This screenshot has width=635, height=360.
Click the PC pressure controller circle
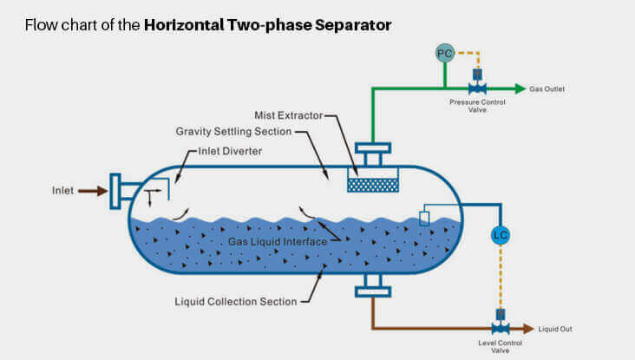[445, 54]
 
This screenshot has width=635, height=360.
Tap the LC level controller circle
[500, 235]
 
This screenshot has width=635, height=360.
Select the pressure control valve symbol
[476, 88]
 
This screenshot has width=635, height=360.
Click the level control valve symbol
[500, 328]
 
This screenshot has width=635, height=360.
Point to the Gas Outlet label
[548, 89]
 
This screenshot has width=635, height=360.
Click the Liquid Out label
[555, 329]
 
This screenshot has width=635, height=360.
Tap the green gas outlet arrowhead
[520, 88]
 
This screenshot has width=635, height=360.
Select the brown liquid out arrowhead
[529, 328]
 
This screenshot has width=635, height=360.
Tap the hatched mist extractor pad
[372, 185]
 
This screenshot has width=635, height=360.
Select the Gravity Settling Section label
[233, 132]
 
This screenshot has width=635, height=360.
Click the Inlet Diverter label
[232, 151]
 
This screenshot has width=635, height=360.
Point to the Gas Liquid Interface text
[278, 242]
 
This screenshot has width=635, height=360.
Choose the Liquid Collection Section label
[236, 301]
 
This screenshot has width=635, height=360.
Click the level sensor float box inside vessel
[424, 218]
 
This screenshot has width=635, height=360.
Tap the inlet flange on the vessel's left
[115, 191]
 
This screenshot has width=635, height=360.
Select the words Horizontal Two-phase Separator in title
[267, 24]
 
